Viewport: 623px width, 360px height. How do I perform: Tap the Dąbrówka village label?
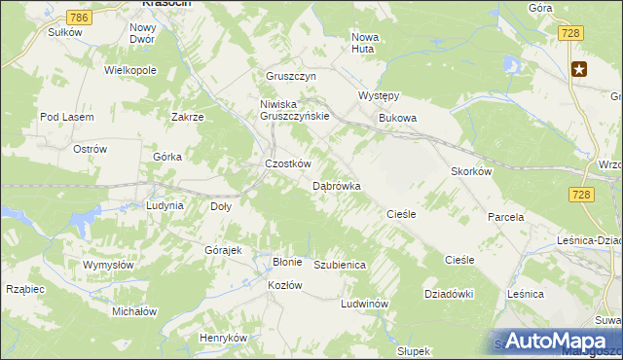click(x=337, y=185)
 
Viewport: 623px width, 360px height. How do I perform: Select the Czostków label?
click(x=287, y=163)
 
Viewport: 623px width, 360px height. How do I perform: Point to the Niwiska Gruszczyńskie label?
click(x=296, y=109)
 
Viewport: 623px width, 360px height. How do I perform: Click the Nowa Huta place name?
click(x=366, y=43)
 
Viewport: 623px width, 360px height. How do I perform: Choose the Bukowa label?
click(x=397, y=119)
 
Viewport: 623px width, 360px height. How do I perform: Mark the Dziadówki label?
click(x=449, y=293)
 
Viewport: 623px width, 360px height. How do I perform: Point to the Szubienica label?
click(x=340, y=264)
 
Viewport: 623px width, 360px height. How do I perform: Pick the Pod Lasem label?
click(x=66, y=117)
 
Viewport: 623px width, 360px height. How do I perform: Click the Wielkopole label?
click(x=130, y=71)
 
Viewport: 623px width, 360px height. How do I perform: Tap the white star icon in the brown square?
click(x=580, y=68)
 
